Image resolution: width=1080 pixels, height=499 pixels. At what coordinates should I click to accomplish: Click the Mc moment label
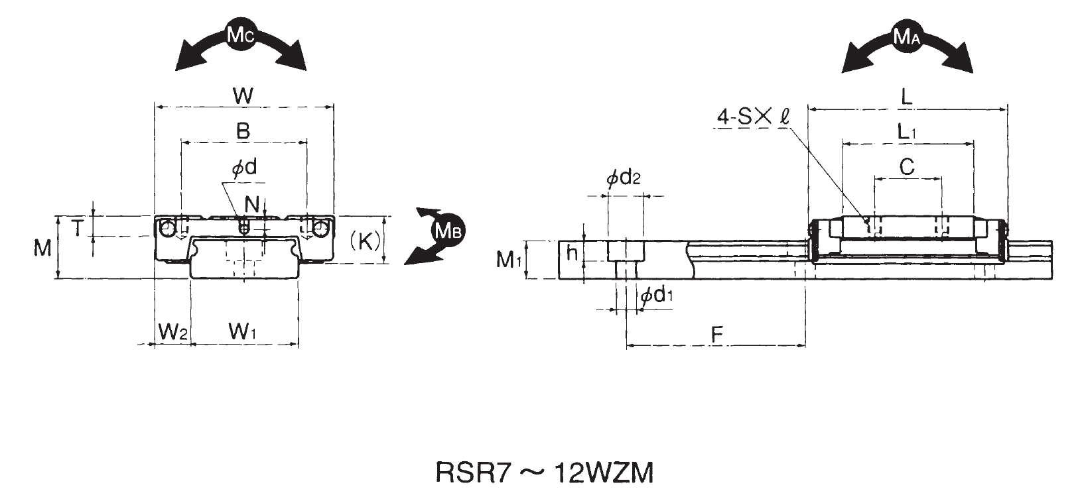(x=239, y=35)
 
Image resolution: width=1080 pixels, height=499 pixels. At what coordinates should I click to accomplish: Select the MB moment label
(x=448, y=231)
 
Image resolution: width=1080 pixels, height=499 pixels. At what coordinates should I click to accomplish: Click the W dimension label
(x=243, y=95)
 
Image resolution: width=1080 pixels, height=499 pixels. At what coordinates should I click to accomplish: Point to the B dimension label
(x=243, y=131)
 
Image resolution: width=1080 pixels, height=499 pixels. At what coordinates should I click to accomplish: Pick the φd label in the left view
(x=243, y=168)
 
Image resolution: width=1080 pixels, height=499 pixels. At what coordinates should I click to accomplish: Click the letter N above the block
(x=251, y=202)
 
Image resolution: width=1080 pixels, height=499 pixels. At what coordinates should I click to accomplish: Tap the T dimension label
(x=78, y=229)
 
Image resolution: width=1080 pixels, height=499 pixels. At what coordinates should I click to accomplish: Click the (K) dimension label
(x=365, y=241)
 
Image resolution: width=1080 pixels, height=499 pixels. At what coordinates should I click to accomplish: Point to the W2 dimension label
(x=172, y=331)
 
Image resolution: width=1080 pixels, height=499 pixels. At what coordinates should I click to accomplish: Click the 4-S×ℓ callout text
(x=753, y=117)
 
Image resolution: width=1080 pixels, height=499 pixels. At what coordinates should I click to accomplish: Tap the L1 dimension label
(x=907, y=132)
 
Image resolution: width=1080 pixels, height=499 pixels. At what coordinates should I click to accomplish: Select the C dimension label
(x=907, y=167)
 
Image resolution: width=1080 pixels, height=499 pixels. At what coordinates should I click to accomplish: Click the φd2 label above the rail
(x=624, y=178)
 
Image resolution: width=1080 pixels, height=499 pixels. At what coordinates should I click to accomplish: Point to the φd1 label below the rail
(x=657, y=296)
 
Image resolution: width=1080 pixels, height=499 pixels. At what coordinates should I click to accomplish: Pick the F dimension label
(x=716, y=335)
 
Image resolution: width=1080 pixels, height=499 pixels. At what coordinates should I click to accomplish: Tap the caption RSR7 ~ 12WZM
(x=544, y=473)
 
